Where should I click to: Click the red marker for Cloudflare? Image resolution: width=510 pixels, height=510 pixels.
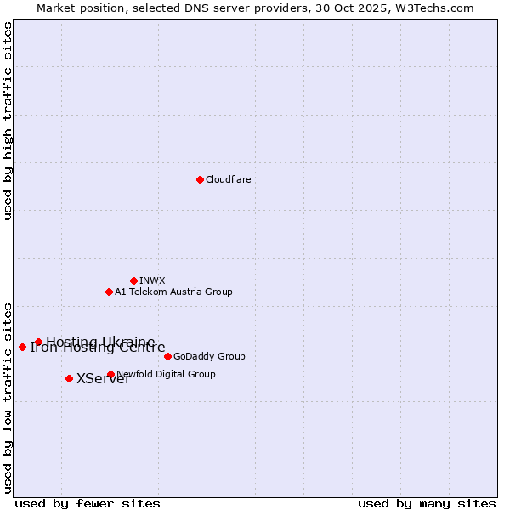[x=200, y=179]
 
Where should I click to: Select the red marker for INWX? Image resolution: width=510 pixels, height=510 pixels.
[x=133, y=280]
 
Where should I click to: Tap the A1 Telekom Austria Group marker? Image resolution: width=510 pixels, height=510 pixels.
[x=109, y=292]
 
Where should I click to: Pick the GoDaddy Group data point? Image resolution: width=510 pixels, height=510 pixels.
[x=167, y=356]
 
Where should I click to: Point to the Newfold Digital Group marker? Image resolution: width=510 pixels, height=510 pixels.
[x=110, y=374]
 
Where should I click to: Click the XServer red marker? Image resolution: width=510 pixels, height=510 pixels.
[x=69, y=378]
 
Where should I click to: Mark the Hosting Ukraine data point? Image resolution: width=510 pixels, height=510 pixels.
[x=38, y=342]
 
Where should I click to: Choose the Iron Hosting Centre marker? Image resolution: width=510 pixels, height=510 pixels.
[x=22, y=347]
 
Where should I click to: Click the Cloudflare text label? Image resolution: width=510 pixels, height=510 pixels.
[x=228, y=179]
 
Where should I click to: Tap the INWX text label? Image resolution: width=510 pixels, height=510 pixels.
[x=152, y=280]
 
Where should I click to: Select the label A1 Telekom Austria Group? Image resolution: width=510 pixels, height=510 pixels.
[x=173, y=292]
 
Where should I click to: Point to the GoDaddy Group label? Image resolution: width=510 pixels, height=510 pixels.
[x=209, y=356]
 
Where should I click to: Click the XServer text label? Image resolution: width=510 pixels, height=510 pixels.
[x=103, y=379]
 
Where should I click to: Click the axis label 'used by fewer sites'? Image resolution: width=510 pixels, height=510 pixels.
[x=88, y=503]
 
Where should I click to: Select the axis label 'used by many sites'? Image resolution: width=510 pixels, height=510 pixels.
[x=427, y=503]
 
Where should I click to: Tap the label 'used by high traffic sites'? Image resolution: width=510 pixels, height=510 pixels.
[x=8, y=121]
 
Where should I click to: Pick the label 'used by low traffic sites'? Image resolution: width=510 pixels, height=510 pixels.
[x=8, y=397]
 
